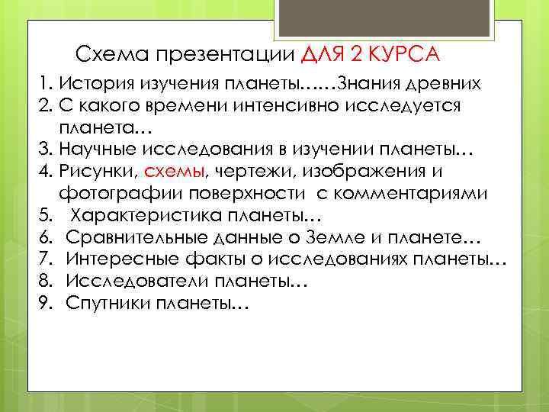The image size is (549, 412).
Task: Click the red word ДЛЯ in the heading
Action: pyautogui.click(x=325, y=55)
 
